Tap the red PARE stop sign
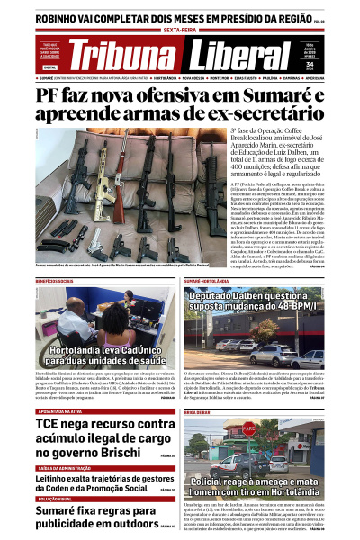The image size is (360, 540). (x=248, y=428)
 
